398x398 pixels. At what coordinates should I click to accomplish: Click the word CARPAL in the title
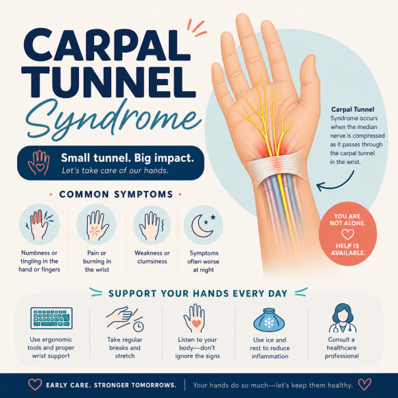(x=107, y=45)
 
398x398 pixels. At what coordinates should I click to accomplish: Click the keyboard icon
(x=51, y=318)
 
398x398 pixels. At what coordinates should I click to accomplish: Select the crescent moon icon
(x=202, y=226)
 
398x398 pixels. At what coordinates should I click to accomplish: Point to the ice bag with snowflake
(x=269, y=320)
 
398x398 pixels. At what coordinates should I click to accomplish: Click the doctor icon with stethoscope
(x=342, y=318)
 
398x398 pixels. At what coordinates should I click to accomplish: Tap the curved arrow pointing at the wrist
(x=335, y=183)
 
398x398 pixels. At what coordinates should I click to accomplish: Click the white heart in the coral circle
(x=347, y=234)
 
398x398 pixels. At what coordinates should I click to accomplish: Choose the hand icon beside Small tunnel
(x=39, y=163)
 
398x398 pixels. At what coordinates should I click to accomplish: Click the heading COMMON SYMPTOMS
(x=116, y=194)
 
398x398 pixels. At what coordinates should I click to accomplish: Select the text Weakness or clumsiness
(x=152, y=257)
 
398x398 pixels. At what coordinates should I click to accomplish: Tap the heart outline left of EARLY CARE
(x=35, y=385)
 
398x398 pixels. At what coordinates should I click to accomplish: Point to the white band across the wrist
(x=277, y=165)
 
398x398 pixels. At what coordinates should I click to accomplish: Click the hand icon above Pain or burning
(x=97, y=226)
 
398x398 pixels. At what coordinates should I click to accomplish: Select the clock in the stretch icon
(x=139, y=327)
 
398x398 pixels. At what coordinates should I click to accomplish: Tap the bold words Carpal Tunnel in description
(x=353, y=110)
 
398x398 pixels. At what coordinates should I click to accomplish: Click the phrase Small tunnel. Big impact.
(x=128, y=158)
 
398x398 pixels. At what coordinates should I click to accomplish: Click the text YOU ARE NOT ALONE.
(x=347, y=220)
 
